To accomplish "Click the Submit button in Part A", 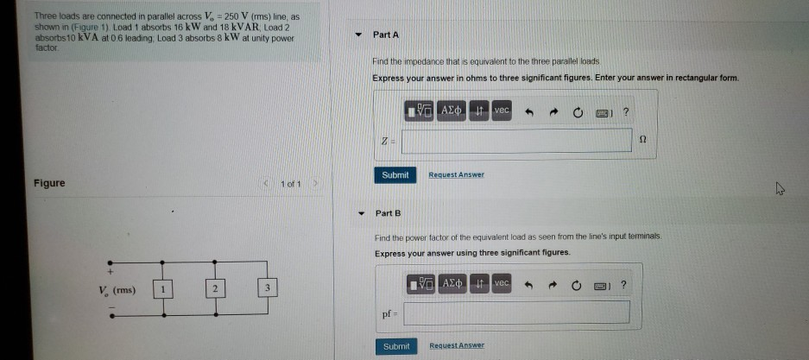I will [395, 174].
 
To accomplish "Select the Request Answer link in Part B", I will [456, 345].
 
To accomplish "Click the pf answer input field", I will [515, 312].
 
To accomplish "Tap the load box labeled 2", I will [214, 288].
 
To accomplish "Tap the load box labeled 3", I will [269, 288].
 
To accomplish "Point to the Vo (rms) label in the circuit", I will [116, 289].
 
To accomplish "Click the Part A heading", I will [386, 35].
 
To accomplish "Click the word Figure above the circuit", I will [50, 182].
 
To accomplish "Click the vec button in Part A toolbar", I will [502, 111].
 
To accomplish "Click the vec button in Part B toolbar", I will [502, 283].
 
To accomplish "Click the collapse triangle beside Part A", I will [360, 35].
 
